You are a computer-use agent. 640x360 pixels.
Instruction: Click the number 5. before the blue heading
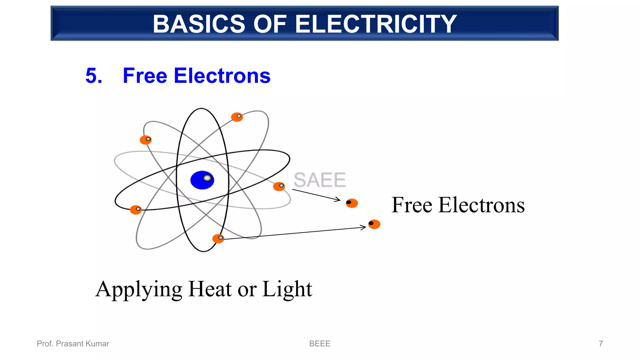[94, 76]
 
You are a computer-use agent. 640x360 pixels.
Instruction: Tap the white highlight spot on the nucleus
[207, 178]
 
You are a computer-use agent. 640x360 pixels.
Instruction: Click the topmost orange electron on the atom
[237, 117]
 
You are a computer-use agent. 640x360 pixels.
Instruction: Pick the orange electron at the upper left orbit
[146, 140]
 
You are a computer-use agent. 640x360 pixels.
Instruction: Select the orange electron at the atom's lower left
[136, 210]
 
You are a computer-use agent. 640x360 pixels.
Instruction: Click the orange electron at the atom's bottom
[218, 239]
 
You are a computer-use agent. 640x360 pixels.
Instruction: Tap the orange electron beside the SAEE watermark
[279, 187]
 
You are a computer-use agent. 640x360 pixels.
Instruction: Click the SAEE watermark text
[319, 180]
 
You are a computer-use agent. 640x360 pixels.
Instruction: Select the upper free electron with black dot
[352, 203]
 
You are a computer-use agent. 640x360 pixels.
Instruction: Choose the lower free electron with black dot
[374, 224]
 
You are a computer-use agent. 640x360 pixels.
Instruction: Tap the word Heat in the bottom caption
[210, 289]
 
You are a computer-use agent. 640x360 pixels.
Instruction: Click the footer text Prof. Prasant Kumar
[73, 344]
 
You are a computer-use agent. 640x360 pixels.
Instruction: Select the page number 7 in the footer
[601, 344]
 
